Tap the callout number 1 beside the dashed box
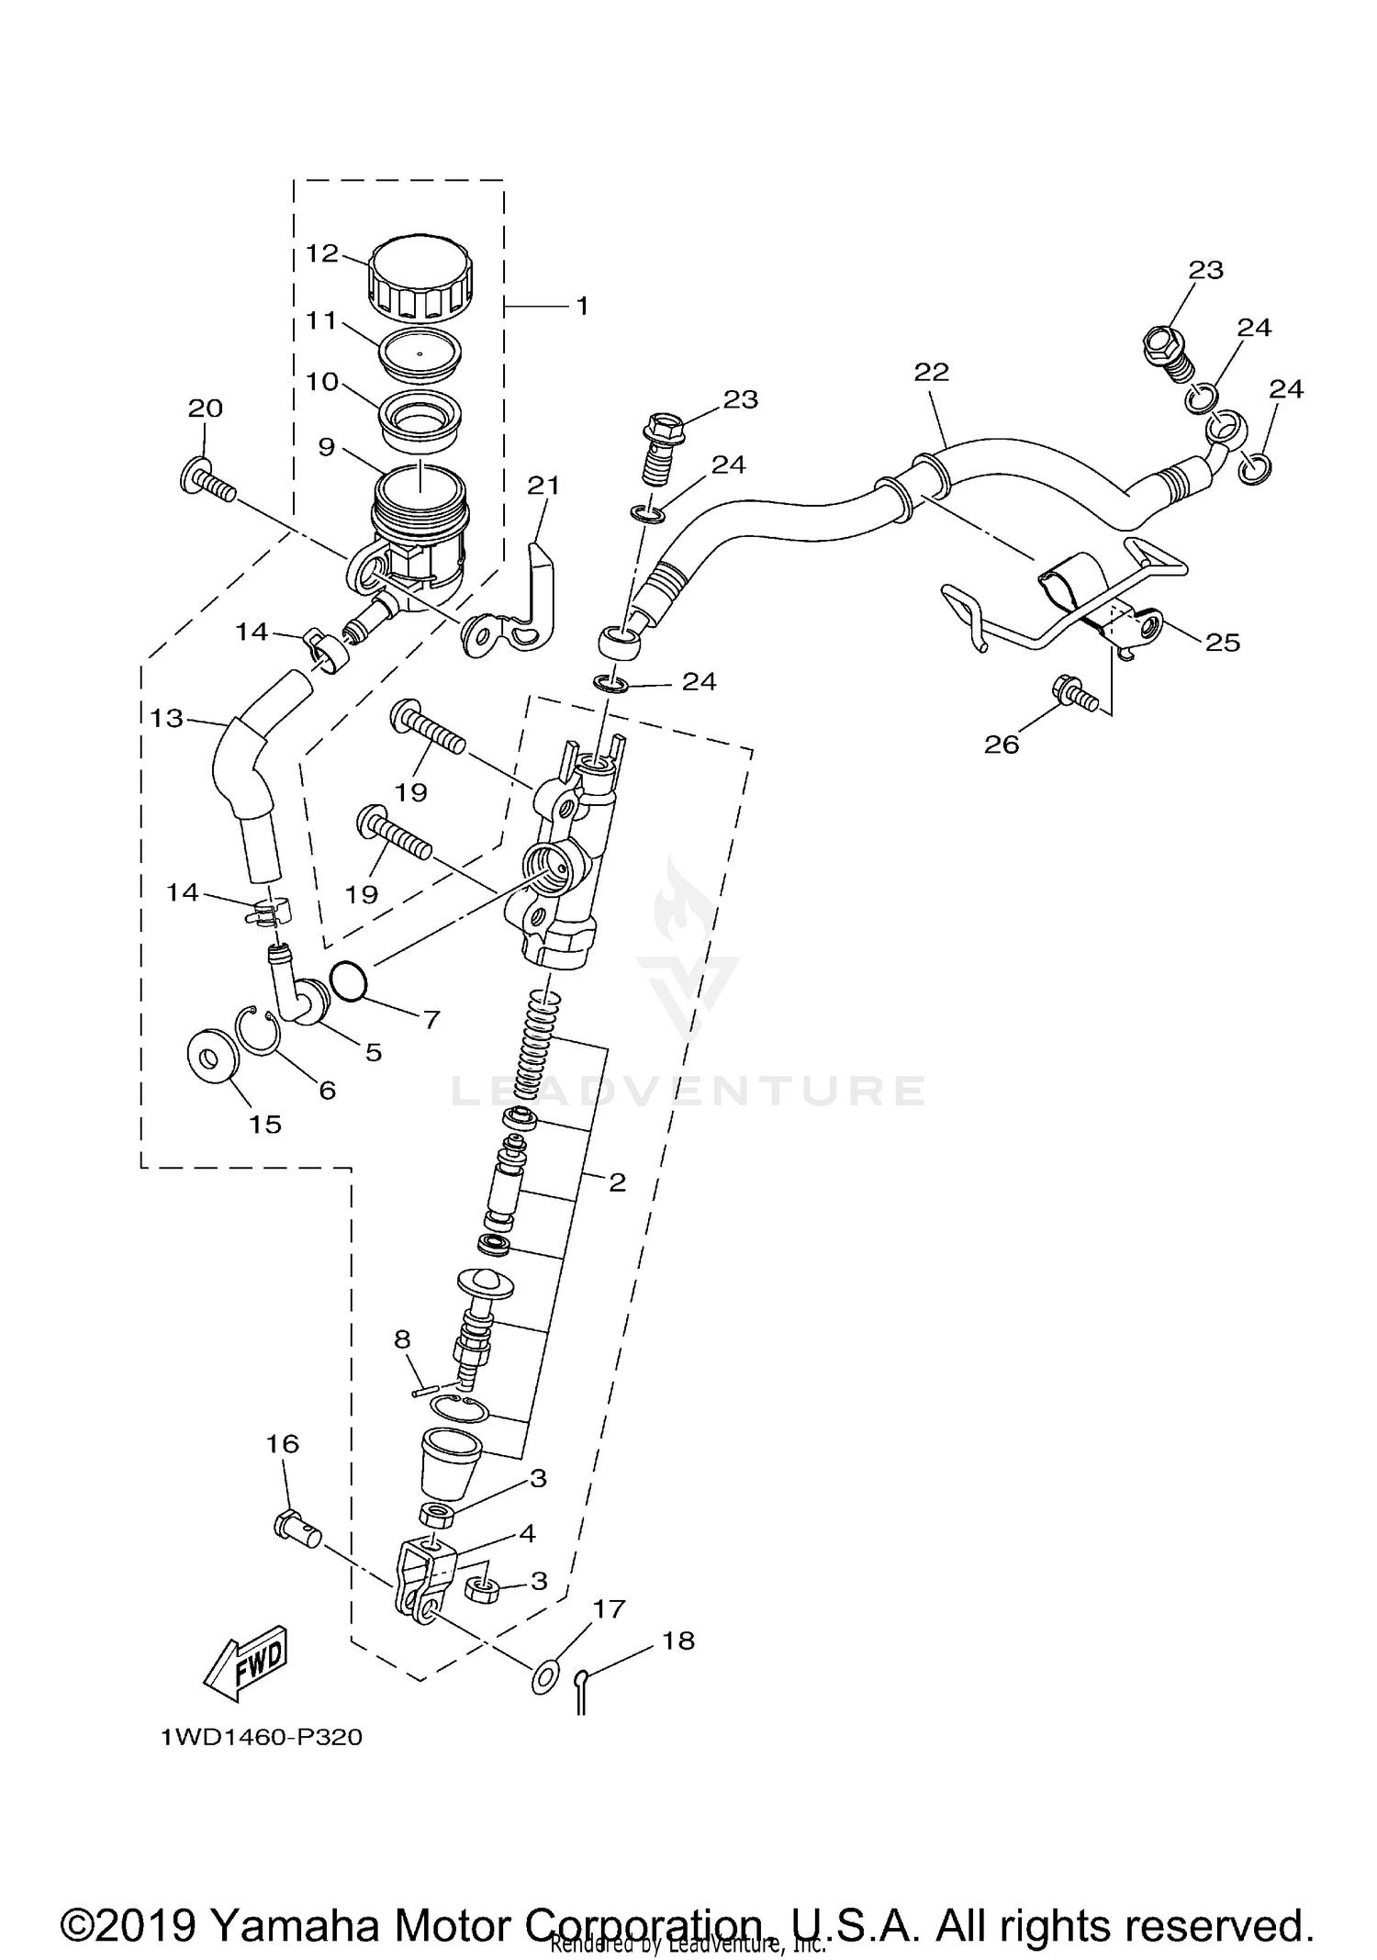point(582,306)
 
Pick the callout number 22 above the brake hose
point(931,372)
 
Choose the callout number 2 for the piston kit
point(617,1182)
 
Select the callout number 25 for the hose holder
point(1223,642)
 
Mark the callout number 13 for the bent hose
point(167,718)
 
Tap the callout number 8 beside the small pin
point(402,1339)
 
